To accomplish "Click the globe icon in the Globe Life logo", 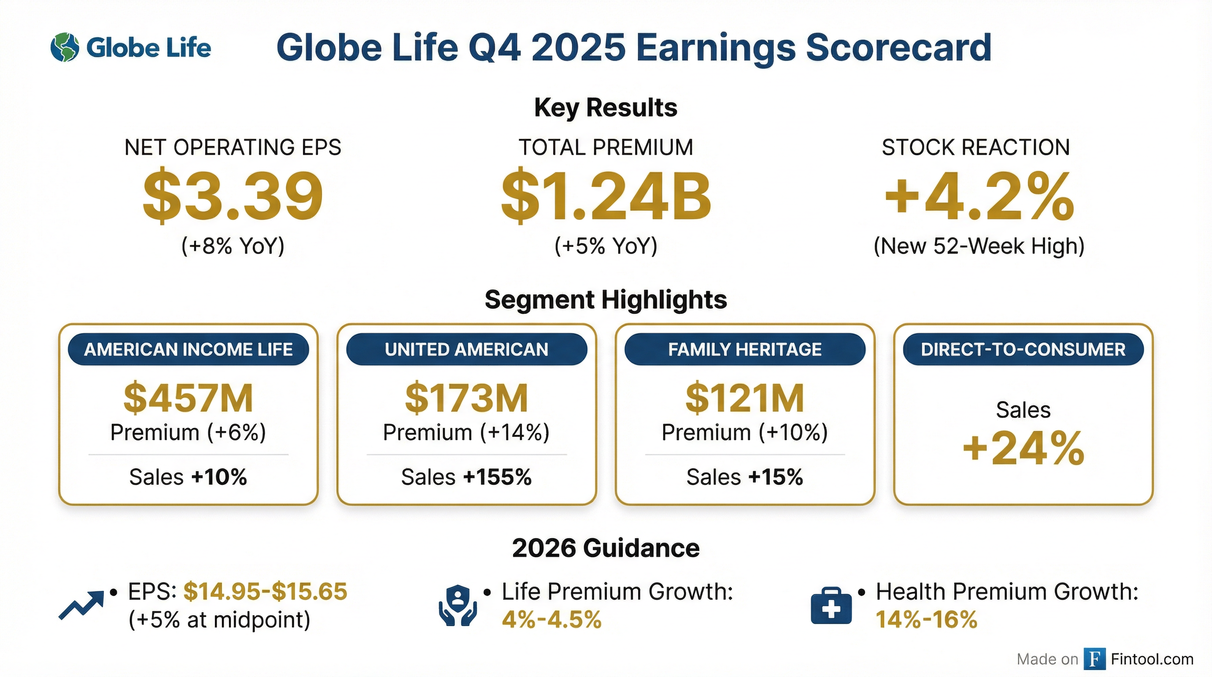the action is click(65, 48).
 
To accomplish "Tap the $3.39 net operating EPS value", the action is click(233, 195).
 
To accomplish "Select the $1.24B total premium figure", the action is click(606, 195).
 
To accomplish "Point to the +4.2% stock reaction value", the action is click(979, 195).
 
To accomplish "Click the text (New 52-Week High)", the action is click(979, 246).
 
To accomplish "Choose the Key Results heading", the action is click(606, 108).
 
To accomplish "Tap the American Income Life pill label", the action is click(188, 350).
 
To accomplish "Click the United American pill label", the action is click(467, 350).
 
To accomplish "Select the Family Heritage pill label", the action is click(745, 350).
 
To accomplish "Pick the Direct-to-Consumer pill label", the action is click(1024, 350).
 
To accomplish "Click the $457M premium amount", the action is click(188, 398).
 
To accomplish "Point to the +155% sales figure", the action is click(497, 477).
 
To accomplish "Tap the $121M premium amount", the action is click(745, 398).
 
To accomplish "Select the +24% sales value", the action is click(1024, 448).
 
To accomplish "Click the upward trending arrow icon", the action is click(81, 605).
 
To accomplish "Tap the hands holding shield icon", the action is click(458, 606).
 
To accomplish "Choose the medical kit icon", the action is click(831, 606).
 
